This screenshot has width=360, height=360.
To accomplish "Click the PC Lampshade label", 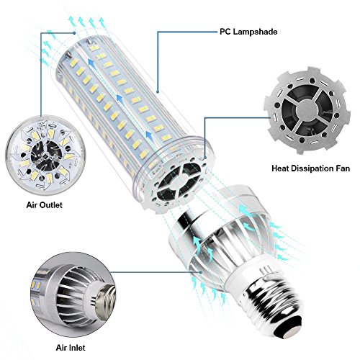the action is pyautogui.click(x=248, y=32).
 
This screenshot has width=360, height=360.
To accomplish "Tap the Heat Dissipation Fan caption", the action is pyautogui.click(x=310, y=168).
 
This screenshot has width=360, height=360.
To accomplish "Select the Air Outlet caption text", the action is pyautogui.click(x=45, y=205).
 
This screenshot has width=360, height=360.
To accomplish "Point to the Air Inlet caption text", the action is pyautogui.click(x=71, y=348).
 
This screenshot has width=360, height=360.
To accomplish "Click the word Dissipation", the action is pyautogui.click(x=311, y=168).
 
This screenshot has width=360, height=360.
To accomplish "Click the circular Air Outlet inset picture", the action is pyautogui.click(x=45, y=154).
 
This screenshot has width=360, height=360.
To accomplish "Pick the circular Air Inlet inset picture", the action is pyautogui.click(x=73, y=296).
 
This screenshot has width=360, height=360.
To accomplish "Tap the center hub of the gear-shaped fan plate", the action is pyautogui.click(x=307, y=110).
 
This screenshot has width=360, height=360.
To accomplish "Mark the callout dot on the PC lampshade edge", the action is pyautogui.click(x=158, y=91).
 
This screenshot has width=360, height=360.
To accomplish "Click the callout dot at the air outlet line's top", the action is pyautogui.click(x=74, y=33).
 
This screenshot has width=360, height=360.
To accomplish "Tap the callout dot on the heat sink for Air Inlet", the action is pyautogui.click(x=201, y=272).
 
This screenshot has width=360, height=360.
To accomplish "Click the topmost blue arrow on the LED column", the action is pyautogui.click(x=91, y=63).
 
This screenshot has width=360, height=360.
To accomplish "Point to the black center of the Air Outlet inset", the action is pyautogui.click(x=45, y=155).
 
